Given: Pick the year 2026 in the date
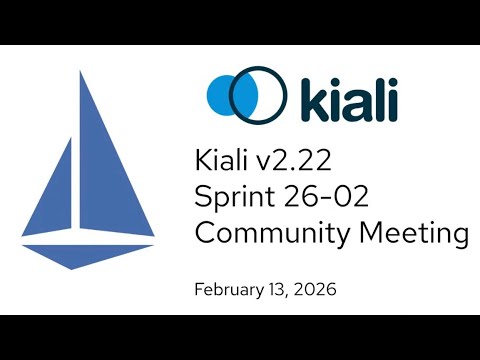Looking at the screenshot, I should point(314,291).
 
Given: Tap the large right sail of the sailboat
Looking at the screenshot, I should point(116,160).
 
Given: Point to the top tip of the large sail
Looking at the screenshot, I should point(83,72).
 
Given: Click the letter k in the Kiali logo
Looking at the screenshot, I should point(304,96).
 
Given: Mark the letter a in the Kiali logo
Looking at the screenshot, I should point(352,101).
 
